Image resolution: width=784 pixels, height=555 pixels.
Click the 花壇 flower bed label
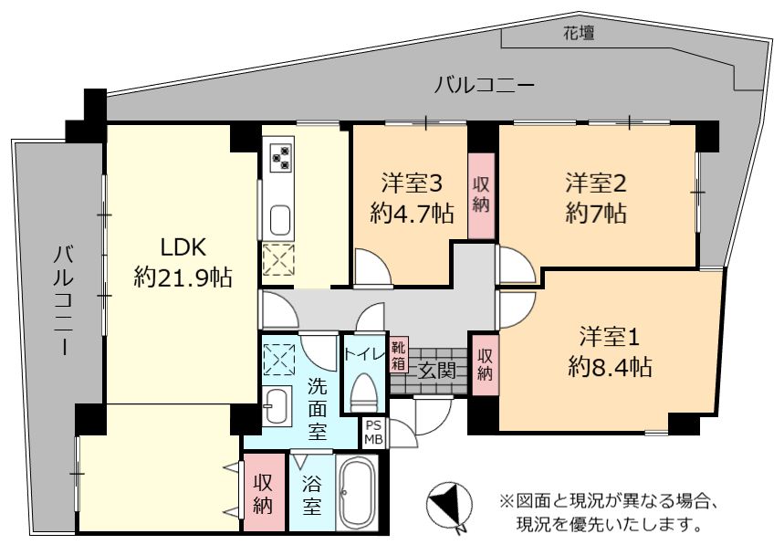(x=579, y=34)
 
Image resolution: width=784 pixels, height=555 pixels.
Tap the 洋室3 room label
(x=412, y=183)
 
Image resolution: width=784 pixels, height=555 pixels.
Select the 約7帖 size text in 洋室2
(x=596, y=214)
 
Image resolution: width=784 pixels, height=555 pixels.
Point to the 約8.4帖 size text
(x=610, y=368)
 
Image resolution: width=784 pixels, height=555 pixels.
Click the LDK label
(x=183, y=247)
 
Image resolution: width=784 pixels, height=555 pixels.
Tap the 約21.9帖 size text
(x=183, y=277)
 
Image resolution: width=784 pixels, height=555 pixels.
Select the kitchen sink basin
(x=280, y=220)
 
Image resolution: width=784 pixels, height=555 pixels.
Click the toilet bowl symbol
(x=363, y=392)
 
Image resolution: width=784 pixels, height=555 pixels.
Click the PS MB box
(x=373, y=433)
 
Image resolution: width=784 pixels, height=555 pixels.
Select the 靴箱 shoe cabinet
(x=399, y=355)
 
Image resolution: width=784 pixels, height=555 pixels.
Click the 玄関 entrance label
(x=436, y=371)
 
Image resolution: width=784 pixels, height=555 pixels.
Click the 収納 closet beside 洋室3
(x=481, y=195)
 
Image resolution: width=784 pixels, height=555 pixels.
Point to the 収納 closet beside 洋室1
(x=485, y=365)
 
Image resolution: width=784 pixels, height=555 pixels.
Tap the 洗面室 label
(x=317, y=408)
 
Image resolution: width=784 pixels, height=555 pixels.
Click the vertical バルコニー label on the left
(x=64, y=300)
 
